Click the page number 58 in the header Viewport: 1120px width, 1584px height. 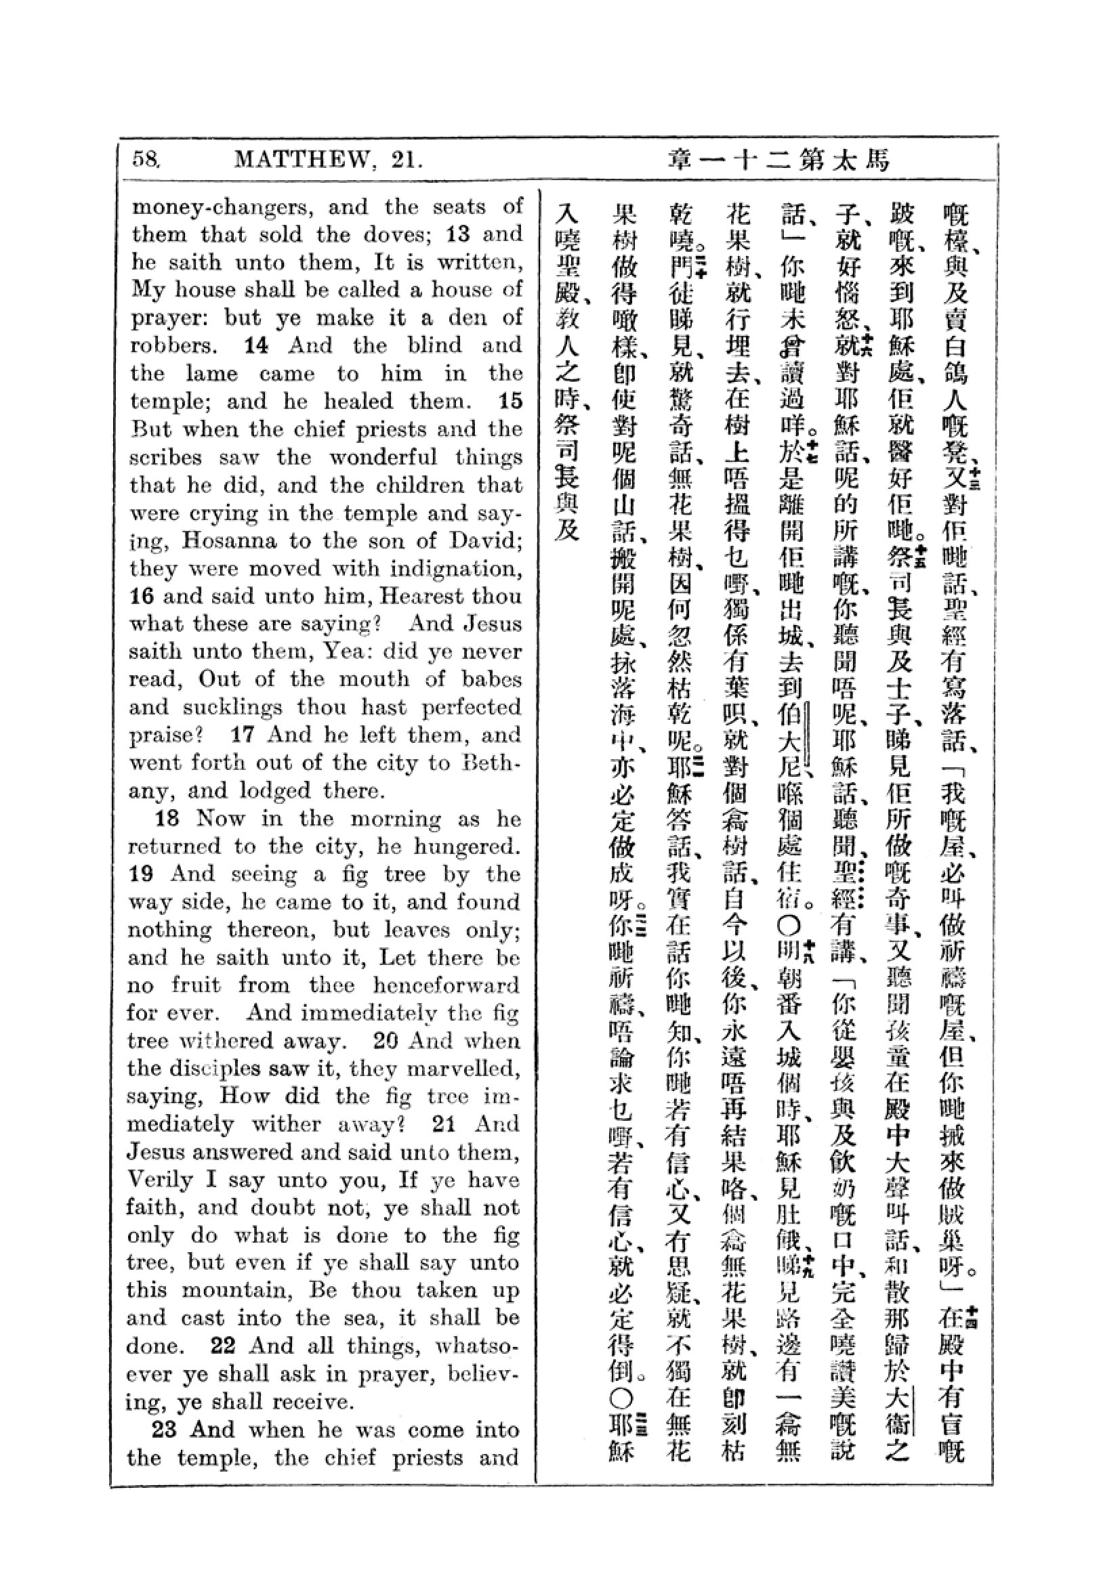tap(146, 159)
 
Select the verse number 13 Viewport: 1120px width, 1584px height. tap(459, 234)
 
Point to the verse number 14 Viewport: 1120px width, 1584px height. tap(255, 345)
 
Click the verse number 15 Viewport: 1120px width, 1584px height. tap(511, 401)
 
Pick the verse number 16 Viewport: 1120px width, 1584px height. tap(142, 596)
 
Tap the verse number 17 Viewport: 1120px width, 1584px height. tap(243, 734)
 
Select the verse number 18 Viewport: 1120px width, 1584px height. tap(167, 818)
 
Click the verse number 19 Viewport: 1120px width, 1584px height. tap(142, 874)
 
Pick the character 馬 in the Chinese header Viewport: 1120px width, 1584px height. tap(878, 160)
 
